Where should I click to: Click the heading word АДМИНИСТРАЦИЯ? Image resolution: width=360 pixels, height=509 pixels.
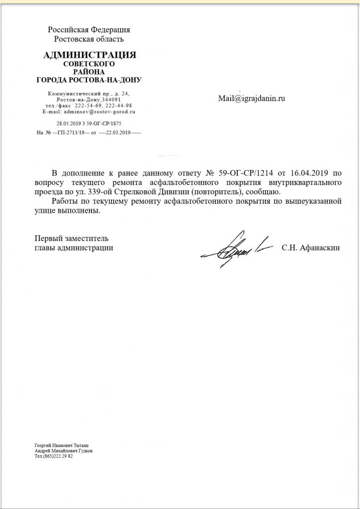[90, 55]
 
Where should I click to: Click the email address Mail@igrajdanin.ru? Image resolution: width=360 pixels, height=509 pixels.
[252, 98]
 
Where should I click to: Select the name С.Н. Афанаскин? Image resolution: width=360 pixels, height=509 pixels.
[311, 248]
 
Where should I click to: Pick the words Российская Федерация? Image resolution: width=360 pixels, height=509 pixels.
[89, 30]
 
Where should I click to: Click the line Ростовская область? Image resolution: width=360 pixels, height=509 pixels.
[89, 39]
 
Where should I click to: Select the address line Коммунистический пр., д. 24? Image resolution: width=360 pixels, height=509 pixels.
[89, 94]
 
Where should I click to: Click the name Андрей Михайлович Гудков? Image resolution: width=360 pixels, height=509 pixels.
[64, 451]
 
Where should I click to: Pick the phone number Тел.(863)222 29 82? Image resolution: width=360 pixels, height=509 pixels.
[54, 456]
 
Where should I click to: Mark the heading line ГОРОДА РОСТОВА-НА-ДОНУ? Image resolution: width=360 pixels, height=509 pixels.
[90, 80]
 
